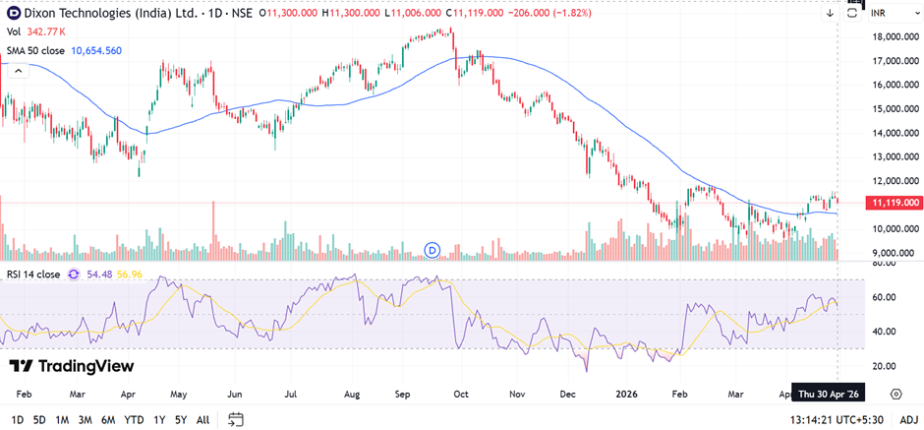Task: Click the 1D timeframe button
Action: (18, 419)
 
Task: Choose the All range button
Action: (202, 419)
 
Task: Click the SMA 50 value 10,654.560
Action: (96, 50)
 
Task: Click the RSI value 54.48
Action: (99, 275)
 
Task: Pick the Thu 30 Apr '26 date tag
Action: (828, 393)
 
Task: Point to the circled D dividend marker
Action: (433, 250)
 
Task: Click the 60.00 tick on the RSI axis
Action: (884, 297)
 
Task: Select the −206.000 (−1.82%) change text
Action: (549, 13)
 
